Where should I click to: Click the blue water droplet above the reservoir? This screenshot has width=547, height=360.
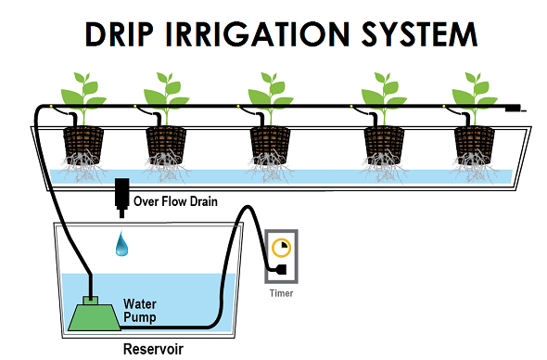click(121, 246)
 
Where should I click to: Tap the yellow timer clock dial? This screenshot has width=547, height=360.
click(281, 248)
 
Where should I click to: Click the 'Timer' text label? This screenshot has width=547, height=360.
click(281, 293)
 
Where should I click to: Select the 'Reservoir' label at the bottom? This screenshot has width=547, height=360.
click(153, 350)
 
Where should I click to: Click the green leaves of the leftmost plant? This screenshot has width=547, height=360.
click(81, 91)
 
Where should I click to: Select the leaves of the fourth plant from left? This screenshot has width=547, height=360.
click(383, 91)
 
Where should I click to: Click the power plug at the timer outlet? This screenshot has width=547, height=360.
click(275, 272)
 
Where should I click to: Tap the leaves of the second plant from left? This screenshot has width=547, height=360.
click(166, 91)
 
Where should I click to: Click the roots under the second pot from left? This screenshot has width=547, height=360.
click(166, 169)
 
